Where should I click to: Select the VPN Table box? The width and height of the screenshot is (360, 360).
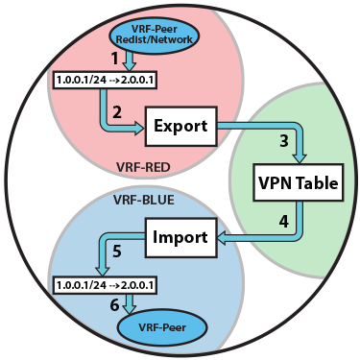coord(297,181)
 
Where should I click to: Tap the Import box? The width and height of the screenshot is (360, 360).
coord(179,236)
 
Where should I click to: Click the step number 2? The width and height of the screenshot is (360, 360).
coord(116,113)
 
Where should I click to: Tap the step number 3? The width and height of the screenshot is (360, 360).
coord(283,140)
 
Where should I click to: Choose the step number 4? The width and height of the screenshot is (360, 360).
coord(283,220)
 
